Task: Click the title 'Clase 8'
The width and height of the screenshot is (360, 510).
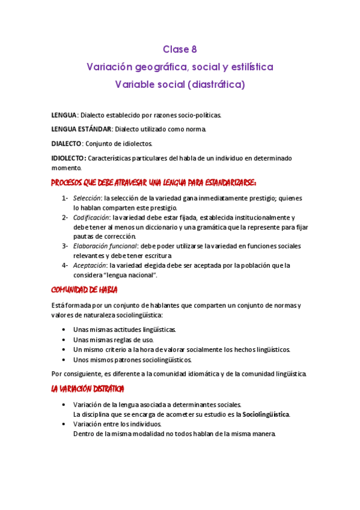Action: pyautogui.click(x=180, y=49)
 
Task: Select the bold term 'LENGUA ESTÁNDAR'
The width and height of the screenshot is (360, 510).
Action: pyautogui.click(x=81, y=129)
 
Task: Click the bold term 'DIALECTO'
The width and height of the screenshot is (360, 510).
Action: pyautogui.click(x=66, y=144)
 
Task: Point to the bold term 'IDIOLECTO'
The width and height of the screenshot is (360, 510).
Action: pyautogui.click(x=68, y=158)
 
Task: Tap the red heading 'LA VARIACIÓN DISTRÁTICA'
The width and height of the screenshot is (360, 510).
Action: pyautogui.click(x=88, y=389)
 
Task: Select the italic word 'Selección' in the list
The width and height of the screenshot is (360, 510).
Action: pyautogui.click(x=87, y=198)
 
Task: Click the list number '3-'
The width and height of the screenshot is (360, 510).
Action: pyautogui.click(x=64, y=246)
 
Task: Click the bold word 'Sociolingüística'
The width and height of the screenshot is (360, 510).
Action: pyautogui.click(x=266, y=414)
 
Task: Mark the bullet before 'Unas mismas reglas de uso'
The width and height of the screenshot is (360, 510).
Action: pyautogui.click(x=64, y=340)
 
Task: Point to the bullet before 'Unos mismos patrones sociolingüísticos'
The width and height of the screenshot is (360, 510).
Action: pyautogui.click(x=64, y=360)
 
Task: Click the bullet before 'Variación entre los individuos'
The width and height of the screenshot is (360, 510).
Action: pyautogui.click(x=64, y=424)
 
